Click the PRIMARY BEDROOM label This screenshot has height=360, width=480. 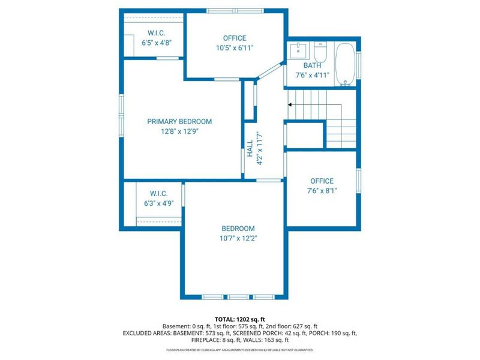point(179,121)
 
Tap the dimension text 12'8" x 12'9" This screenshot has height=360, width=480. point(179,132)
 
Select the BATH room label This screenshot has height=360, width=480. point(312,65)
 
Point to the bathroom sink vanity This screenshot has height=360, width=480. point(298,50)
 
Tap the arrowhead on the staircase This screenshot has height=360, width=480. point(290,104)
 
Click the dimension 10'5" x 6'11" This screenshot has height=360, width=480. point(235,49)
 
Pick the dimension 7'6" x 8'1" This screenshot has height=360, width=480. point(322,192)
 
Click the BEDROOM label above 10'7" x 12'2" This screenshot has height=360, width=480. point(238,229)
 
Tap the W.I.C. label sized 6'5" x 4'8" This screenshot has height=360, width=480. point(156,32)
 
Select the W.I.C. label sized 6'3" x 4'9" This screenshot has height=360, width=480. point(158,193)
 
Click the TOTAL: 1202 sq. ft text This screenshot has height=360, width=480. point(239,319)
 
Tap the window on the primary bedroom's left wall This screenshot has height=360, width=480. point(121,114)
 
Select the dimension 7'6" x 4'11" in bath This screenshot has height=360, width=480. point(312,76)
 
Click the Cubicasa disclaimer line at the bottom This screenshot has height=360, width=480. point(239,350)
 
